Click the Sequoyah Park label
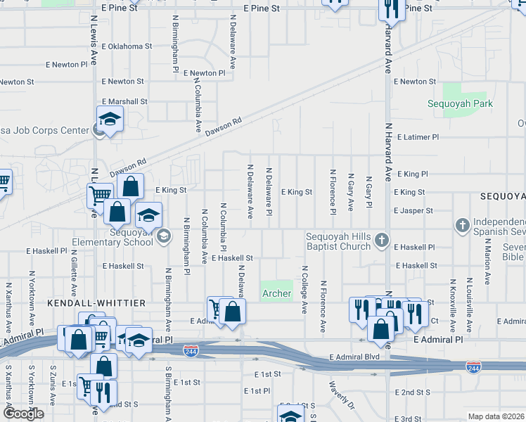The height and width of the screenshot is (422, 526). [461, 104]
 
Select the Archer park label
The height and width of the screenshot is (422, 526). [276, 293]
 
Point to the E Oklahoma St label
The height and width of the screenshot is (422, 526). [127, 46]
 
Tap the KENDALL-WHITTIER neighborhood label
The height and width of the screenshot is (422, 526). [96, 302]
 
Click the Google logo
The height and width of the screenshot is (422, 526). [24, 414]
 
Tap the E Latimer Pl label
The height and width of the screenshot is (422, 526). [418, 137]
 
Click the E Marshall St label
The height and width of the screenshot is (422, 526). [124, 101]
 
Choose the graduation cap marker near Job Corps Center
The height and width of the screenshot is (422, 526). [110, 119]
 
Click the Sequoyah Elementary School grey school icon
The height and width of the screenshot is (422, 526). [164, 236]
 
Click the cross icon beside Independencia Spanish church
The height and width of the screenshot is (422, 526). [462, 225]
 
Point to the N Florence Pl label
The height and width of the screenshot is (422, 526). [333, 192]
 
